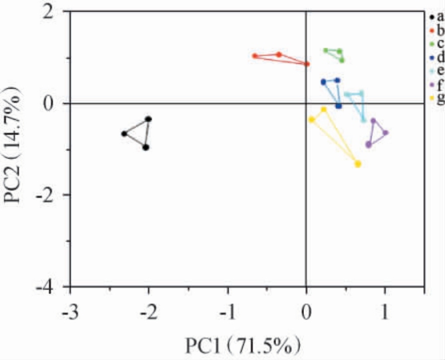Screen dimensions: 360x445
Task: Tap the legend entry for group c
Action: (436, 43)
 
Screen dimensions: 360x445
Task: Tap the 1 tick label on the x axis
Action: (384, 310)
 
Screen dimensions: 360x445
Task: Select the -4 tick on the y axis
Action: (53, 287)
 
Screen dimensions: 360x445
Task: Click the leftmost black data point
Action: (124, 134)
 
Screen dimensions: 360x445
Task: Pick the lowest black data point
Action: (146, 147)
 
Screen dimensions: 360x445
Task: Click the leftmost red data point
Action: (255, 56)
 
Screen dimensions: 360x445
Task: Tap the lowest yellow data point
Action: (358, 164)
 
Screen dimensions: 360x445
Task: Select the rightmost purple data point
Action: (385, 132)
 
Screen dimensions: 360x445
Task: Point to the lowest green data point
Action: (342, 60)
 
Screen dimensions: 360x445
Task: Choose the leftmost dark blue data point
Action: (323, 82)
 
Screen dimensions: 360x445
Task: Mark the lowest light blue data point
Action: (363, 120)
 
